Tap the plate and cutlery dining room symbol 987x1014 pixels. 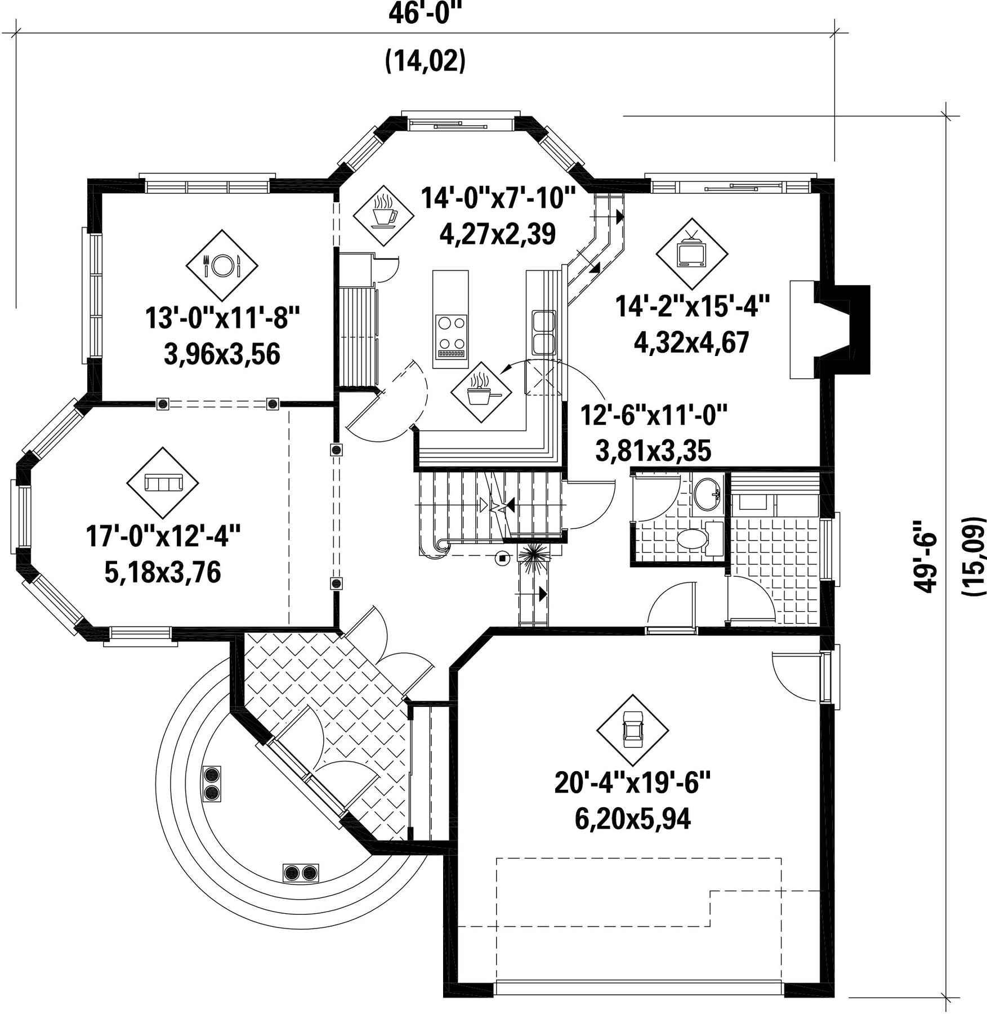point(222,265)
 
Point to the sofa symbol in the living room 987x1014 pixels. point(163,483)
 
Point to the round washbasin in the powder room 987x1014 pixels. point(707,494)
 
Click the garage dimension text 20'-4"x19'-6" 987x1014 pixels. point(633,783)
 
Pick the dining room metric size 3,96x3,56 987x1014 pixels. point(222,354)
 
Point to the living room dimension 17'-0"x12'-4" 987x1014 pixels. point(163,536)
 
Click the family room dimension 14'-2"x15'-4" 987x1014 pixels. point(692,308)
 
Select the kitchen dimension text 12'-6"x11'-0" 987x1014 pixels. point(654,417)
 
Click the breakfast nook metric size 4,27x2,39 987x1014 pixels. point(498,233)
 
